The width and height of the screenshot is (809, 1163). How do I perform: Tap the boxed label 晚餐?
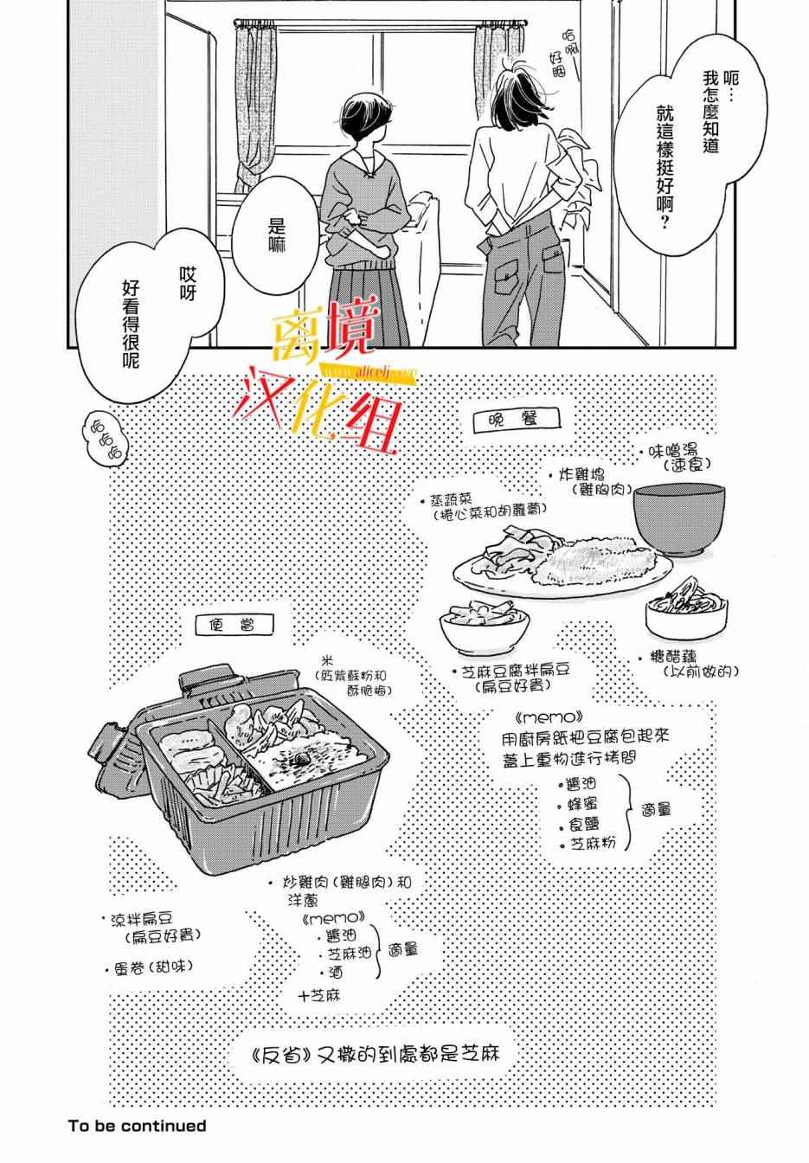518,420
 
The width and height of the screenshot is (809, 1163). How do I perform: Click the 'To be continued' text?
138,1126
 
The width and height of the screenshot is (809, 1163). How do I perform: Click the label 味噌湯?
679,452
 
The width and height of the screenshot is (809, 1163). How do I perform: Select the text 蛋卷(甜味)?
151,966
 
